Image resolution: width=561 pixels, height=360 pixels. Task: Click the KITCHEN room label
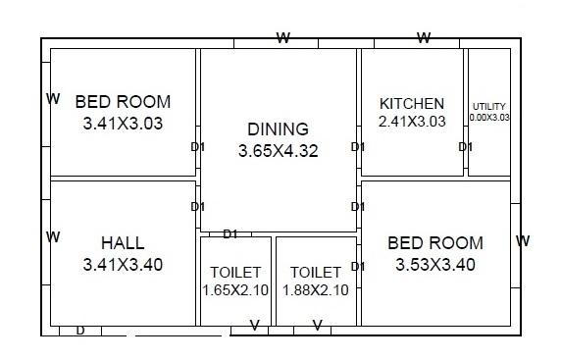412,104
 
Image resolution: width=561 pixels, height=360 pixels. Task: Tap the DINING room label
278,129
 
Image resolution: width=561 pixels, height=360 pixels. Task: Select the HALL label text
123,243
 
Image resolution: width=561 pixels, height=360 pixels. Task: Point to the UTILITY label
489,106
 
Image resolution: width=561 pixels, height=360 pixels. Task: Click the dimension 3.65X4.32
278,152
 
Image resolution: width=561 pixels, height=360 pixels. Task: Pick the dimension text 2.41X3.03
412,122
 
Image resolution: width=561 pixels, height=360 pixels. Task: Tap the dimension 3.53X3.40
435,265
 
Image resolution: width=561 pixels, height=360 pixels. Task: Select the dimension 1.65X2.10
235,290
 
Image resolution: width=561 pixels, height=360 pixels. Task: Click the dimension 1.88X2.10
315,290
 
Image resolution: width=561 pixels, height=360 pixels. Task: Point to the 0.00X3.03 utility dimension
489,117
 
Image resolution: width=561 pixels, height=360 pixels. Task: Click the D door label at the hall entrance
80,331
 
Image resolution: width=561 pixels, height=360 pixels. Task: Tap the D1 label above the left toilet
230,233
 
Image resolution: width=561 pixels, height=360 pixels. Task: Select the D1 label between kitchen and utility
466,147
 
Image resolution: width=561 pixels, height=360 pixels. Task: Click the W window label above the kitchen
424,38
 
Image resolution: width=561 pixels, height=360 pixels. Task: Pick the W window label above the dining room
283,38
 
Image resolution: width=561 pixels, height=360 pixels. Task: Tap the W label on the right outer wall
523,241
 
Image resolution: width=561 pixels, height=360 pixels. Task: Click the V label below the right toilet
317,326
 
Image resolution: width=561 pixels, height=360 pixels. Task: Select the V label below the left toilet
255,326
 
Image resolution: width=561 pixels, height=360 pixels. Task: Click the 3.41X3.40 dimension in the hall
124,265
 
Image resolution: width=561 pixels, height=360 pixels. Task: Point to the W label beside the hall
53,237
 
